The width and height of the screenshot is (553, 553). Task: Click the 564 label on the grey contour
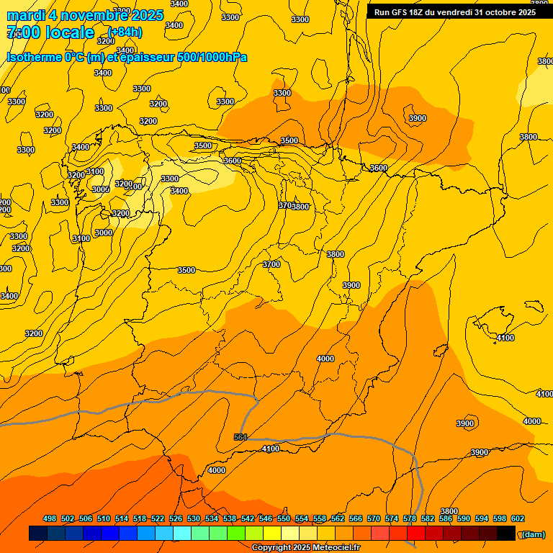(x=240, y=437)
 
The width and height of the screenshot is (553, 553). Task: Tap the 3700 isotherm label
(x=271, y=264)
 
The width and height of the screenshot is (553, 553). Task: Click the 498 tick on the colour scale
(x=50, y=518)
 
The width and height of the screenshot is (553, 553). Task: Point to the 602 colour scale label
(x=518, y=518)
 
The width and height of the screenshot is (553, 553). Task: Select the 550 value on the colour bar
(x=284, y=518)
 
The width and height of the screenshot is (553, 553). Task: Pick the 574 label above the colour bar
(x=392, y=518)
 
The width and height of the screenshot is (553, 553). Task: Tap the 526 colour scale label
(x=176, y=518)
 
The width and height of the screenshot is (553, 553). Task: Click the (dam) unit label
(x=532, y=534)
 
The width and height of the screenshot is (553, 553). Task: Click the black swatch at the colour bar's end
(x=506, y=534)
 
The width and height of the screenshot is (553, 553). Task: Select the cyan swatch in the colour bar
(x=182, y=534)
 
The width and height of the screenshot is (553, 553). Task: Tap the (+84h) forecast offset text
(x=125, y=32)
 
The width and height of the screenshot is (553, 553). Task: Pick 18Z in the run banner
(x=422, y=12)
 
